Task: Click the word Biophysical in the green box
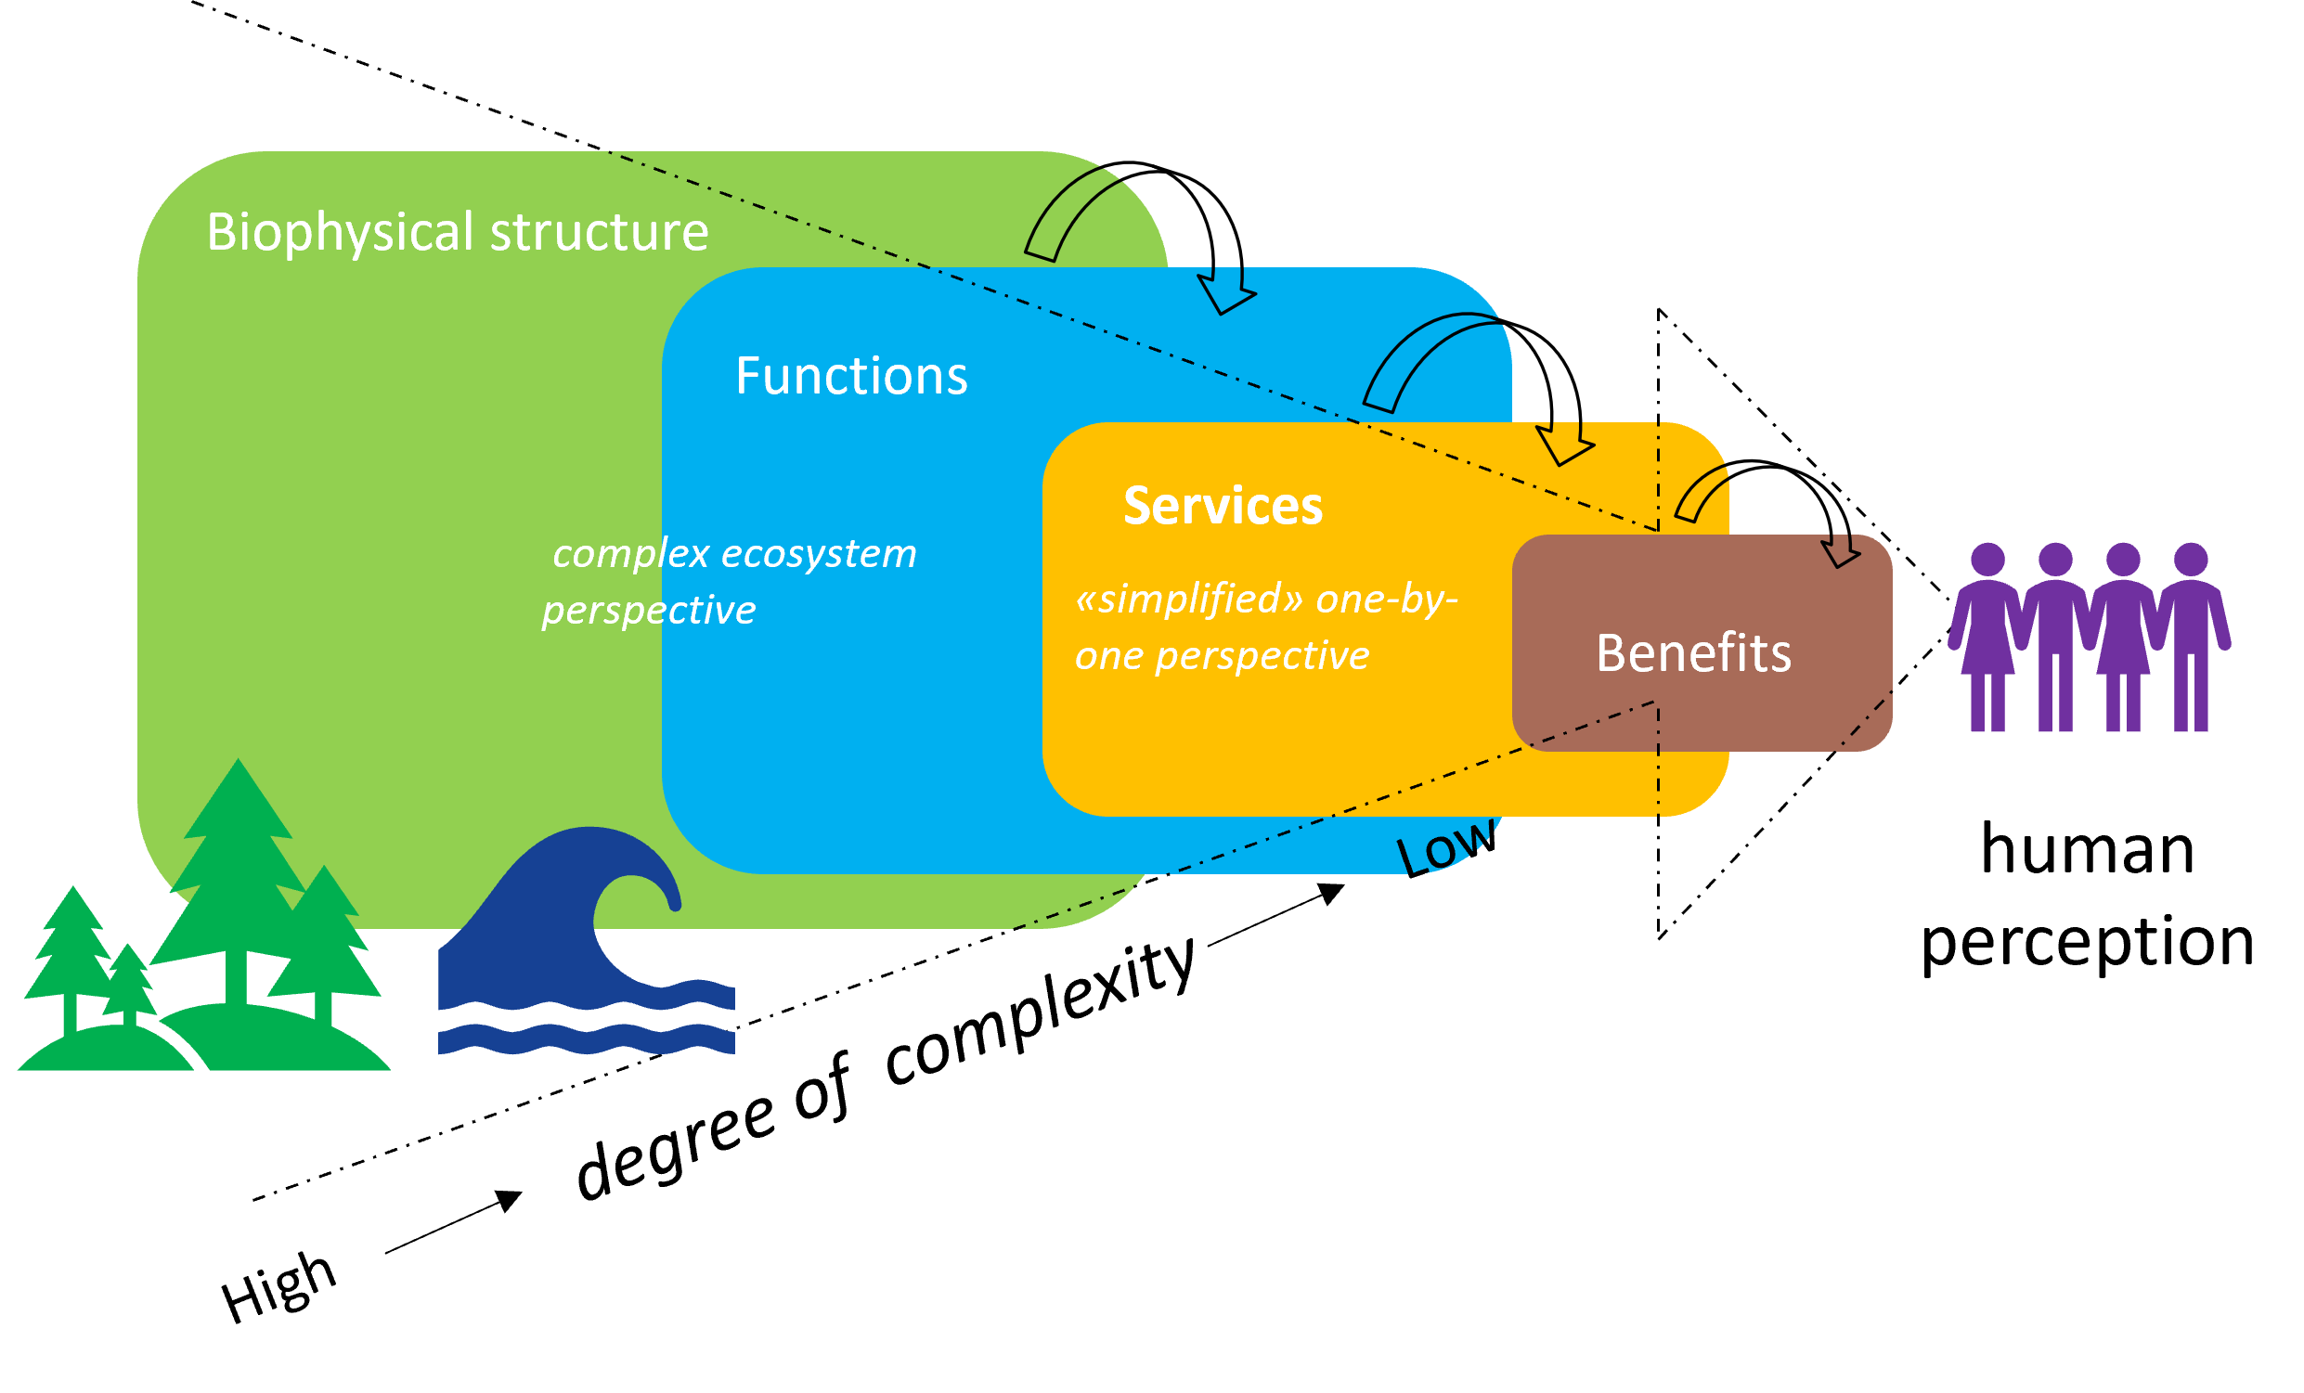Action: [340, 232]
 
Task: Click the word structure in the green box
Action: [599, 232]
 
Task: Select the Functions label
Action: [851, 376]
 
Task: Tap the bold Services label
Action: [1223, 506]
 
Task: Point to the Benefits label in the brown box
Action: [1693, 652]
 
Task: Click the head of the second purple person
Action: [2055, 560]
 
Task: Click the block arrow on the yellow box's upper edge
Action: [1563, 442]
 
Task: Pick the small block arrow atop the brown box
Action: [1840, 551]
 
